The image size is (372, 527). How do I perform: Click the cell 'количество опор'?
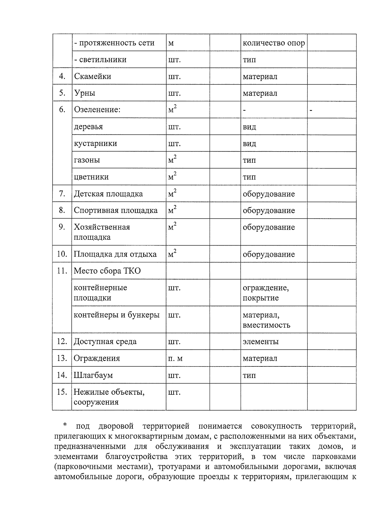point(274,43)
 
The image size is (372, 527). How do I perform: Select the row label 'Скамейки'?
point(92,76)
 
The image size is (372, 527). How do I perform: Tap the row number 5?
point(62,93)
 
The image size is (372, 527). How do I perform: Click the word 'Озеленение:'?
point(97,110)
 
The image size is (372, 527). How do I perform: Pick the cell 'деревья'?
point(88,127)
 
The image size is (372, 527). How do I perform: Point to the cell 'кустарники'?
point(95,143)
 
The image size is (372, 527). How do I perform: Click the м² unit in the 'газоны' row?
point(172,160)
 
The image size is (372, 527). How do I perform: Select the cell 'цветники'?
point(91,177)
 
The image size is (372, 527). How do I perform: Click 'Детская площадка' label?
point(108,194)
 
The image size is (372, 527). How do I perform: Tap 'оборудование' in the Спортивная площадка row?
point(268,211)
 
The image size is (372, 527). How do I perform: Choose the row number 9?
point(62,227)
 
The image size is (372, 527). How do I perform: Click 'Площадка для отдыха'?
point(115,254)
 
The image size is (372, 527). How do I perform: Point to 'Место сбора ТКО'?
point(107,271)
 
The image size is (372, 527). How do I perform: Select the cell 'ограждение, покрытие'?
point(265,293)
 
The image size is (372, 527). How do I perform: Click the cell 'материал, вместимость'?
point(266,320)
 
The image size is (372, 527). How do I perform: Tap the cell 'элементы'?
point(260,342)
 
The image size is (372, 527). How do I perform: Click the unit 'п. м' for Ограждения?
point(175,358)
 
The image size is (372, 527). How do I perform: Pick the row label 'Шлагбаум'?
point(93,375)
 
